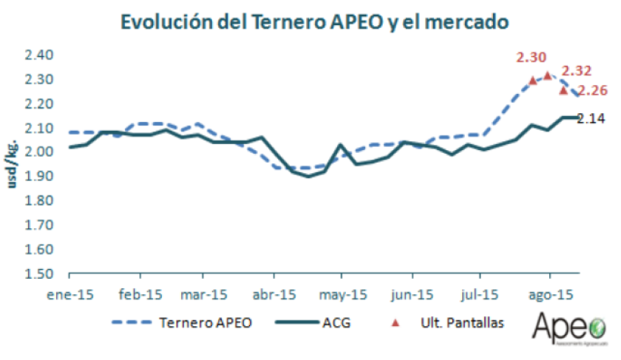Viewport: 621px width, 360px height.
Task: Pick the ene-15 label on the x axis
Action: click(x=69, y=293)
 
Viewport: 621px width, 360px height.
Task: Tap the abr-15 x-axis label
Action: click(x=274, y=293)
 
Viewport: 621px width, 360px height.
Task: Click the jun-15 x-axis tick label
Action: click(x=412, y=293)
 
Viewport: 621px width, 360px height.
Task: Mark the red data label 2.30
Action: click(x=532, y=57)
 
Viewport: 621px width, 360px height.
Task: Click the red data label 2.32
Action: click(x=577, y=71)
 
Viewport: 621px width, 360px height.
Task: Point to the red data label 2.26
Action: click(x=591, y=91)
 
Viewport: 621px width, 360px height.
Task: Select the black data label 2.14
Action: click(x=591, y=118)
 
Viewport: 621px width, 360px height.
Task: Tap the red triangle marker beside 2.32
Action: click(x=548, y=75)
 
